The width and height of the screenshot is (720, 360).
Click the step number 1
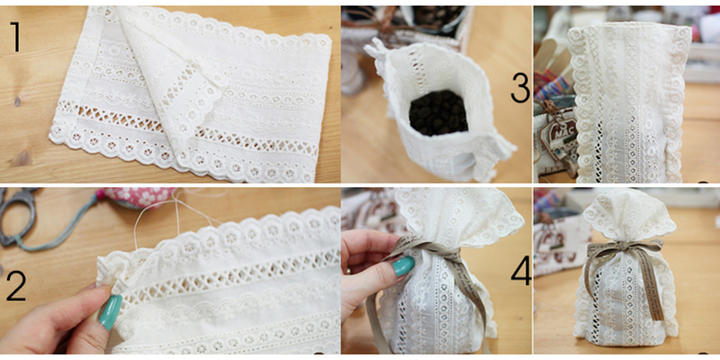point(16,36)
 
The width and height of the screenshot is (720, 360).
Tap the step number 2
point(16,286)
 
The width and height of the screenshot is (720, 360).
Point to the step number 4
point(522,270)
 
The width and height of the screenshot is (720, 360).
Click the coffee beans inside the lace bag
point(438,113)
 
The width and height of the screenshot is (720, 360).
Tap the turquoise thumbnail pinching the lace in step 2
point(111,312)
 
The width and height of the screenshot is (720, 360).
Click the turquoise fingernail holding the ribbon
point(403,265)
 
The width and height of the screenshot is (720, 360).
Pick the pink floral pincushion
point(138,196)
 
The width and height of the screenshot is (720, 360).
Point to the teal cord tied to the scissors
point(55,229)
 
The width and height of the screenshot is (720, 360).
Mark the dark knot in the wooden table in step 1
point(17,102)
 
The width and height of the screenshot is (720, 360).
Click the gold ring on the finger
point(348,271)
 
